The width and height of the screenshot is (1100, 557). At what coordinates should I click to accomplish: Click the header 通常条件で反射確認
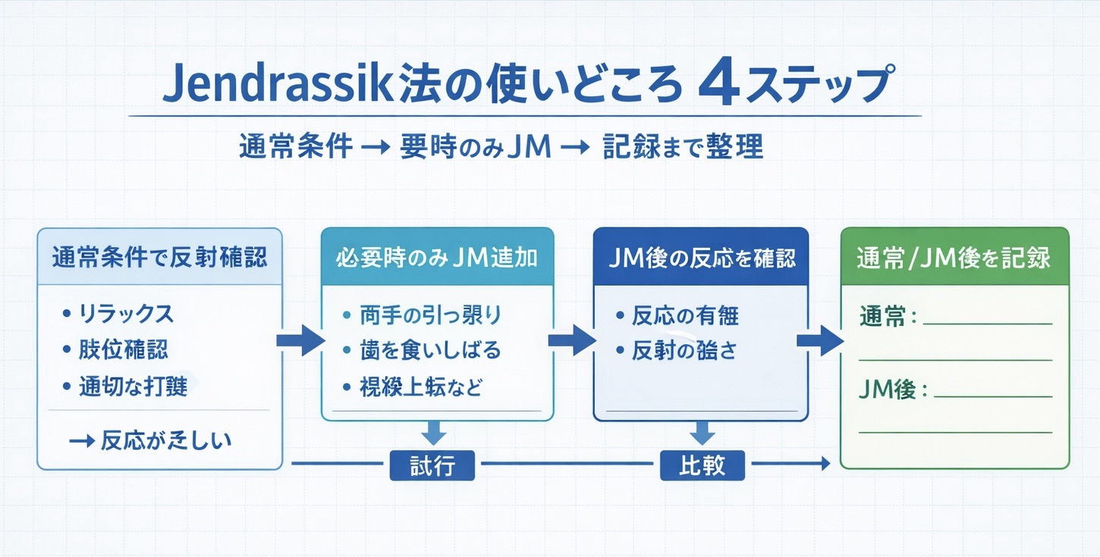point(159,258)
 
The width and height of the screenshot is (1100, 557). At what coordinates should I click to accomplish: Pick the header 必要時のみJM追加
point(437,258)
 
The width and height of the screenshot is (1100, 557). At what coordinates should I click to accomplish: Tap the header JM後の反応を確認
point(702,258)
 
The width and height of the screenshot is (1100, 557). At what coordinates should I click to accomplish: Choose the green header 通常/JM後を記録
point(954,258)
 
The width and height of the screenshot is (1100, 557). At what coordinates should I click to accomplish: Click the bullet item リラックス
point(126,313)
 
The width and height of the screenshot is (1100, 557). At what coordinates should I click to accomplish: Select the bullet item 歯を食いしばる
point(430,350)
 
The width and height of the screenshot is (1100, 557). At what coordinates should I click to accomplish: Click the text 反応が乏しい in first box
point(165,440)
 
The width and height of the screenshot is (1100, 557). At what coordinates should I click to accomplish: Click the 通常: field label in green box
point(888,318)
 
